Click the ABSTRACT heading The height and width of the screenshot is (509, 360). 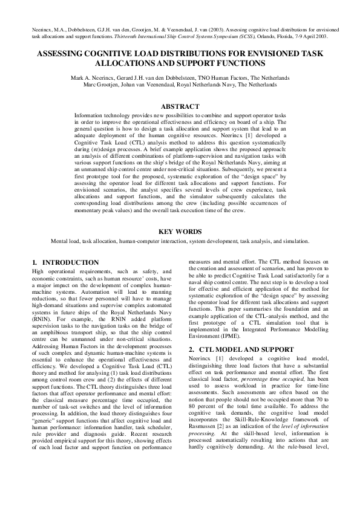(x=180, y=106)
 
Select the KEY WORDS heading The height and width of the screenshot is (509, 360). (x=180, y=231)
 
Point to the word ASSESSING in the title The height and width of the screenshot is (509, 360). (x=62, y=54)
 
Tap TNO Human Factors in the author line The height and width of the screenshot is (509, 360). (x=227, y=78)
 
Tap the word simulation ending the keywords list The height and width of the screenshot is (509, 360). (x=296, y=241)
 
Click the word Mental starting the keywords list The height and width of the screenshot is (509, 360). (x=59, y=241)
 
